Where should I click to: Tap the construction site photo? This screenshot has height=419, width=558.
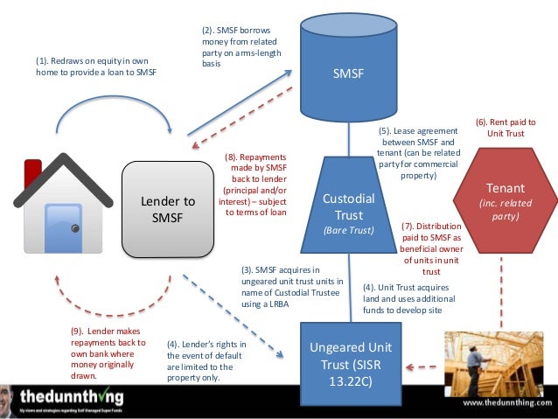(485, 359)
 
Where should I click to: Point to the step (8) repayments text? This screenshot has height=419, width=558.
(254, 185)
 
